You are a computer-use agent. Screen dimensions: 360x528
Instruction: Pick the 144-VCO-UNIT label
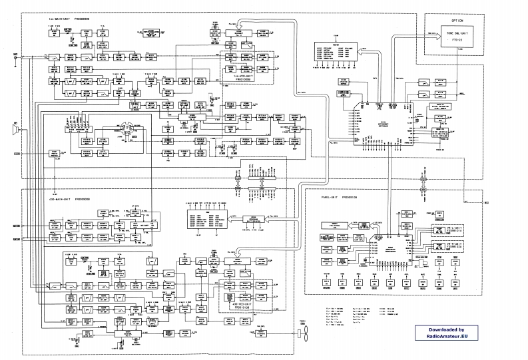(x=246, y=77)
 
